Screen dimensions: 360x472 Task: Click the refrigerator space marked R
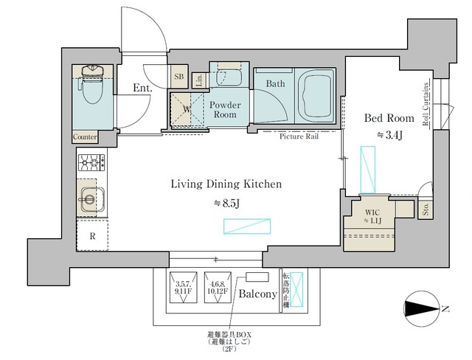pos(91,238)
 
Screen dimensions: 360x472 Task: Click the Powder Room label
pos(224,110)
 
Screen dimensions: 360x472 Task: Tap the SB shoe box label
pos(178,76)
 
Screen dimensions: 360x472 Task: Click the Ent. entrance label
pos(142,88)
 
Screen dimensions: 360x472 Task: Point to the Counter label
pos(86,137)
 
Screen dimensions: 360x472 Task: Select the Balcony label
pos(257,294)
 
